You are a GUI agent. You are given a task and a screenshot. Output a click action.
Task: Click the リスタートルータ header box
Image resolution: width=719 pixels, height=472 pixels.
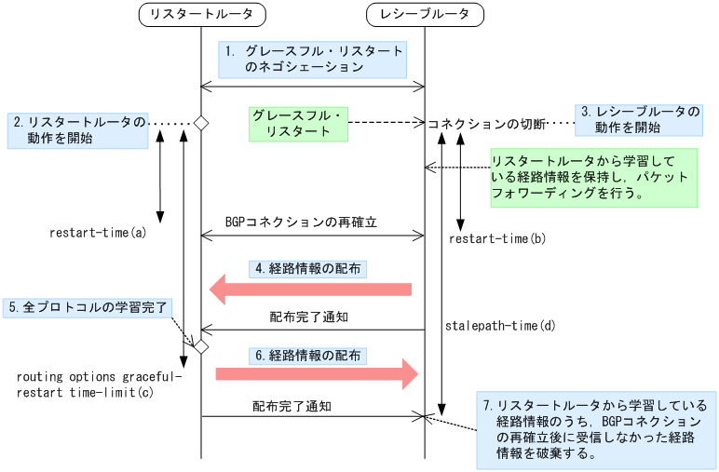tap(201, 14)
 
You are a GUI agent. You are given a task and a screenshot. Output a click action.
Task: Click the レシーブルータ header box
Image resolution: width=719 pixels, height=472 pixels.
tap(426, 14)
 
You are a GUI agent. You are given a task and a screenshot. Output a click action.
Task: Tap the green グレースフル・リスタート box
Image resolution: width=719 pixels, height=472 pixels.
tap(298, 123)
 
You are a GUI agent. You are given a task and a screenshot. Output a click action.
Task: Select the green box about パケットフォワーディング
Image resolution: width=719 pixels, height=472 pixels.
tap(592, 177)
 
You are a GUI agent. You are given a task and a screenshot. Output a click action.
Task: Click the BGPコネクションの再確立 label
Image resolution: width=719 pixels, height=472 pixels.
tap(300, 223)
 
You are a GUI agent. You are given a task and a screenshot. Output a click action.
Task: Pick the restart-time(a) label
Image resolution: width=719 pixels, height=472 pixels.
tap(98, 232)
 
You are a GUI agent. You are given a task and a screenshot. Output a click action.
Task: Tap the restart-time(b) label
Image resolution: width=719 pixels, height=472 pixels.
tap(497, 239)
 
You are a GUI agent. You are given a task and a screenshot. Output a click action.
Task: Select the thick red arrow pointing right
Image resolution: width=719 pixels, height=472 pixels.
tap(317, 373)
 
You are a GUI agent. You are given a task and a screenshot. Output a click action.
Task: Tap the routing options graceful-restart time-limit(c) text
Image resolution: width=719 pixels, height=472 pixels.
tap(100, 384)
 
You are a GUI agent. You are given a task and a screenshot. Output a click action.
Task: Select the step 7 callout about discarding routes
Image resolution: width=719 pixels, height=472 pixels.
tap(595, 429)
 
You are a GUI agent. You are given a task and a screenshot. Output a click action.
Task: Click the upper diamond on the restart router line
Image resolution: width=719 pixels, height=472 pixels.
tap(200, 123)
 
